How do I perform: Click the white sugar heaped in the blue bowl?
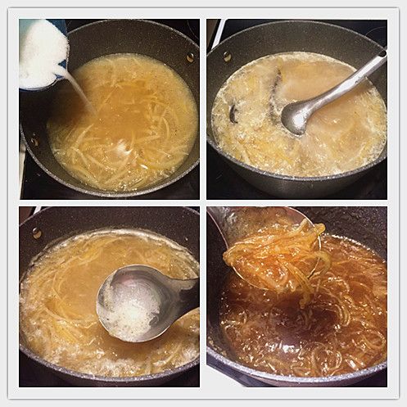(x=41, y=51)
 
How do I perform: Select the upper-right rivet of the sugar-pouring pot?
(x=189, y=57)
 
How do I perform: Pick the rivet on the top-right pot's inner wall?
(x=227, y=57)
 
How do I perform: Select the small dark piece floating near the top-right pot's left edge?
(x=233, y=115)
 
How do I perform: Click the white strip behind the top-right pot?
(x=216, y=33)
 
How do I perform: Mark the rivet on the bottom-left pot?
(x=37, y=233)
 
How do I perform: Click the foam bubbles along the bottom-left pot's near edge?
(x=106, y=360)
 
